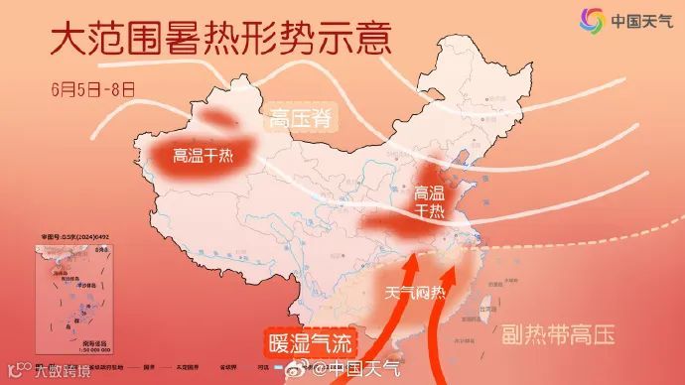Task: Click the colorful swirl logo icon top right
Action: tap(593, 21)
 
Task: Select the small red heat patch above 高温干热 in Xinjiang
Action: tap(223, 120)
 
